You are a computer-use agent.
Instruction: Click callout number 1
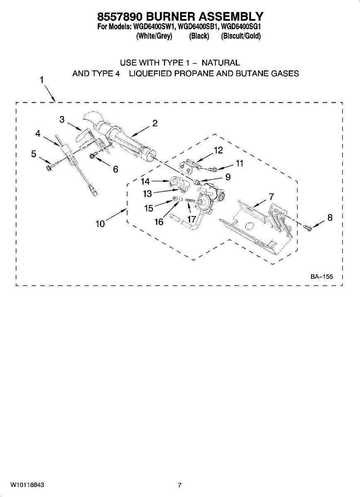tap(42, 80)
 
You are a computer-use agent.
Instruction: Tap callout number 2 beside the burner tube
tap(155, 123)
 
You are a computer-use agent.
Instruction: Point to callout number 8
tap(330, 217)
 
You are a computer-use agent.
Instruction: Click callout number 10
tap(100, 224)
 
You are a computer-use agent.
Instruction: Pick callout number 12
tap(218, 150)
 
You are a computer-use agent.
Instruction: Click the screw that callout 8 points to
tap(308, 227)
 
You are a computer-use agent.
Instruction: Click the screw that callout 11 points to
tap(213, 169)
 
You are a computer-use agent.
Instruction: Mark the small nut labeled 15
tap(175, 200)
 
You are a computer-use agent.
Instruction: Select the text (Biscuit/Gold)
tap(241, 36)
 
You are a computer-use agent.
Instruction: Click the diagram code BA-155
tap(321, 277)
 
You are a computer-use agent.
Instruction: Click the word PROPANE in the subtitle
tap(196, 74)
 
